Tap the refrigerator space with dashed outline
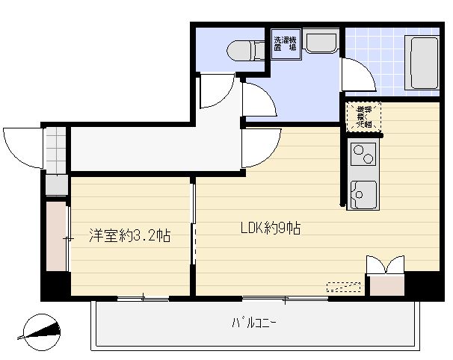(364, 118)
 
